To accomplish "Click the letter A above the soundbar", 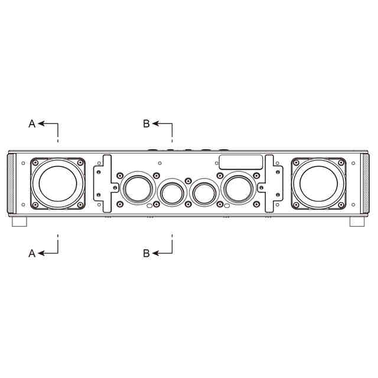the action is pyautogui.click(x=32, y=124).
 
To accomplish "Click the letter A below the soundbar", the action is pyautogui.click(x=32, y=253).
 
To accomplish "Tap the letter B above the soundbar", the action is pyautogui.click(x=146, y=124).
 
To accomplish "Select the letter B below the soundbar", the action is pyautogui.click(x=146, y=253).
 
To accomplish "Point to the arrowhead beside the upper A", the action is pyautogui.click(x=41, y=123).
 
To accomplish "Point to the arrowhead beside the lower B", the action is pyautogui.click(x=155, y=253).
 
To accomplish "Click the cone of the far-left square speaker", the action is pyautogui.click(x=58, y=183).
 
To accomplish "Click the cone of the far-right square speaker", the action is pyautogui.click(x=319, y=183).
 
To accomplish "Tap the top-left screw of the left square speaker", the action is pyautogui.click(x=35, y=163).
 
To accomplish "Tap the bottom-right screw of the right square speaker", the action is pyautogui.click(x=341, y=205).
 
